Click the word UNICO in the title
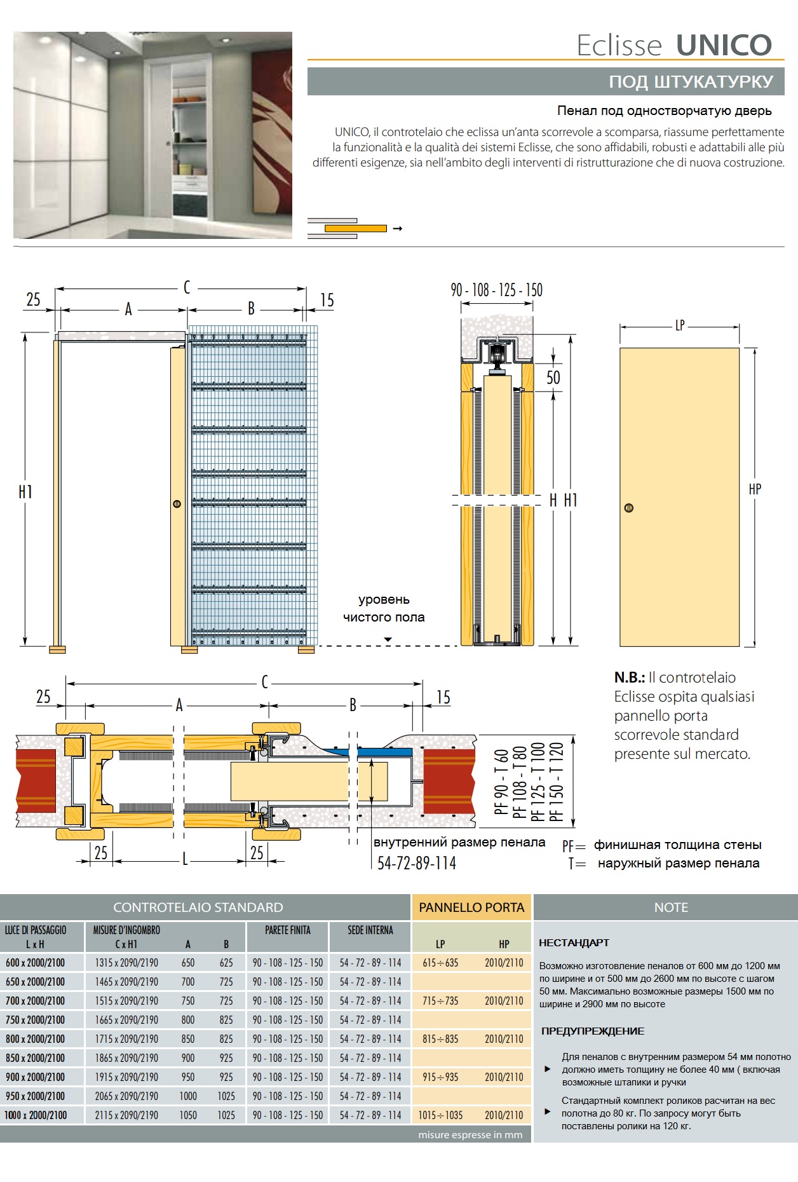point(724,45)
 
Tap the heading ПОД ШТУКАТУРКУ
point(691,82)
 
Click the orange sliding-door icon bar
point(355,228)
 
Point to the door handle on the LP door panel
point(629,508)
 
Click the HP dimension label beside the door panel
point(755,489)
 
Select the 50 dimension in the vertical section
point(553,377)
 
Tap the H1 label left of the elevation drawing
point(25,492)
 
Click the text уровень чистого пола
point(384,608)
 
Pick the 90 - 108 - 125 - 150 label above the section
point(496,290)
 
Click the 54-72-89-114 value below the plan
point(417,863)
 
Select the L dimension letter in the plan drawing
point(185,860)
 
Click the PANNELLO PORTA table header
point(471,907)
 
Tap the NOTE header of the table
point(671,907)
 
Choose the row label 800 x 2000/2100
point(36,1039)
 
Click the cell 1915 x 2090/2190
point(126,1077)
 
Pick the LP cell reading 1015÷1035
point(440,1115)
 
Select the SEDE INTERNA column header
point(370,930)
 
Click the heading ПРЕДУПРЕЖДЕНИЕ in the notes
point(592,1031)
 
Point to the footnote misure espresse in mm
point(470,1134)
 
